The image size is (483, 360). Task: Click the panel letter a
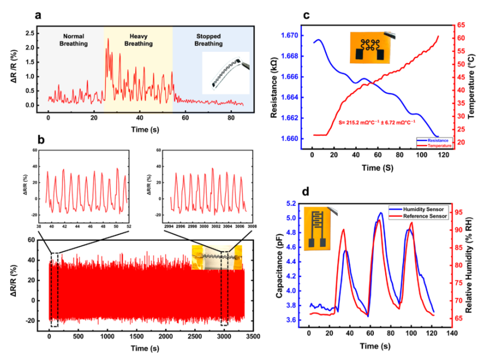pyautogui.click(x=39, y=15)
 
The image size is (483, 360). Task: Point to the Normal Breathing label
pyautogui.click(x=74, y=39)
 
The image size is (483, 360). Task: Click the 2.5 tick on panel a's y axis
pyautogui.click(x=31, y=32)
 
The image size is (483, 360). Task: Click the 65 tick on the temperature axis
pyautogui.click(x=461, y=25)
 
